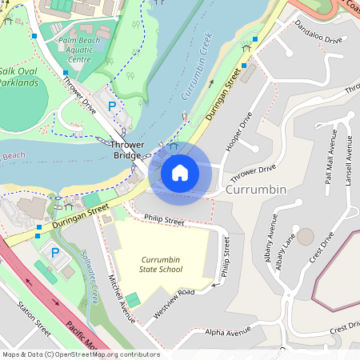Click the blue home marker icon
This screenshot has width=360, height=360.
pyautogui.click(x=180, y=172)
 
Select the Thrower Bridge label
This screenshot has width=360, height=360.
pyautogui.click(x=127, y=148)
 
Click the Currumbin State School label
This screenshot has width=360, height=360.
pyautogui.click(x=161, y=264)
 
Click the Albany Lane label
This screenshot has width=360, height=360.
pyautogui.click(x=286, y=250)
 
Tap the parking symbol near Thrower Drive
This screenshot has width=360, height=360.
pyautogui.click(x=112, y=106)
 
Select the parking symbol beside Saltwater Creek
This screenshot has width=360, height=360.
pyautogui.click(x=55, y=253)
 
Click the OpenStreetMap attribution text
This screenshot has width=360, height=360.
pyautogui.click(x=80, y=354)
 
